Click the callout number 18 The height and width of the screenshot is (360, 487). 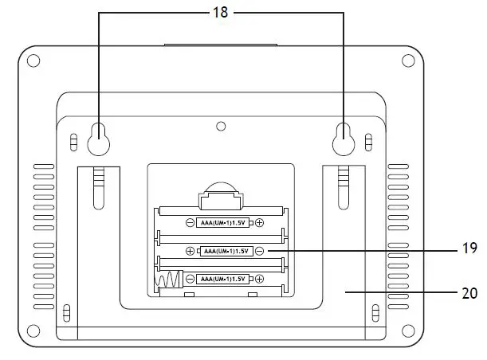tap(219, 13)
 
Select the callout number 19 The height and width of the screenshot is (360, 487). tap(469, 249)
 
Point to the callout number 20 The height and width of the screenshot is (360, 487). tap(469, 292)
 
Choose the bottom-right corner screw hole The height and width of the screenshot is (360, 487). tap(408, 330)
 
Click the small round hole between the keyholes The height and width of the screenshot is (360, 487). tap(221, 126)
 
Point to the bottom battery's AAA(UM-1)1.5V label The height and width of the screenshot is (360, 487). tap(219, 279)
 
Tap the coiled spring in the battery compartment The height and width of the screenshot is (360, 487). tap(167, 280)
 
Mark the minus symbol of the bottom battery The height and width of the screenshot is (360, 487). tap(190, 279)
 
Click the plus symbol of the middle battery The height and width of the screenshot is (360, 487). tap(190, 251)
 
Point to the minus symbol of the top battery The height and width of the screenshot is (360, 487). tap(190, 223)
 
